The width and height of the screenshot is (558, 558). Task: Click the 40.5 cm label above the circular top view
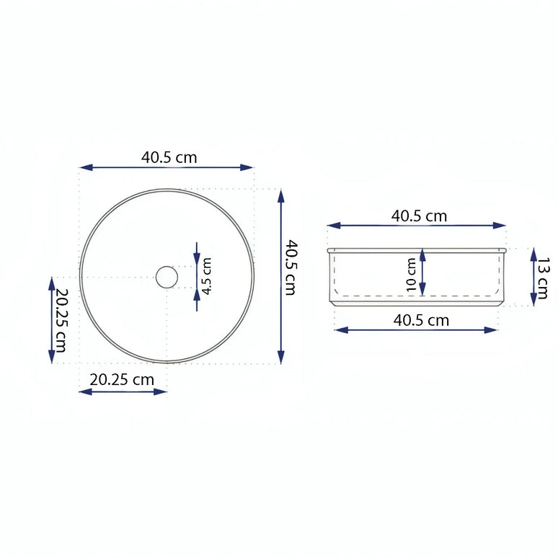click(169, 156)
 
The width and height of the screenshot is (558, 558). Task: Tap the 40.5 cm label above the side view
click(419, 216)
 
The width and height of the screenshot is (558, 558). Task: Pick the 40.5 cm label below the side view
click(421, 320)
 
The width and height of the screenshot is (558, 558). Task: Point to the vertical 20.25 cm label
click(61, 321)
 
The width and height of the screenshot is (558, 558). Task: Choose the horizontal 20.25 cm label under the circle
click(122, 379)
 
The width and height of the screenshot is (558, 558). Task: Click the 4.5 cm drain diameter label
click(207, 277)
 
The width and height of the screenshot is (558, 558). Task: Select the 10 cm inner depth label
click(411, 275)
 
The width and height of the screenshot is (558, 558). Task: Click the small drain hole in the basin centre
click(167, 277)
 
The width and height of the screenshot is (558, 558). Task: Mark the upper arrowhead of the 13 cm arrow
click(533, 253)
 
